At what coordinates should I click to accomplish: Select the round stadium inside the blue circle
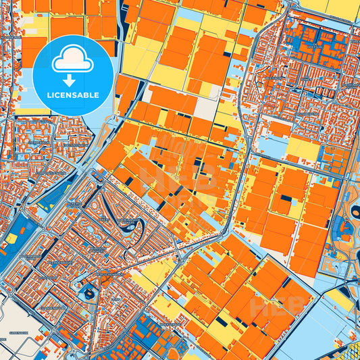(88, 293)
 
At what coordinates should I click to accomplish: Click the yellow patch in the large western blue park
(11, 238)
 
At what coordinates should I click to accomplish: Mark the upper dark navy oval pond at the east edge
(355, 213)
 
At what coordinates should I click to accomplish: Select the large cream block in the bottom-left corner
(17, 317)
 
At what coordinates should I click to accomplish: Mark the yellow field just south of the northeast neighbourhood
(303, 149)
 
